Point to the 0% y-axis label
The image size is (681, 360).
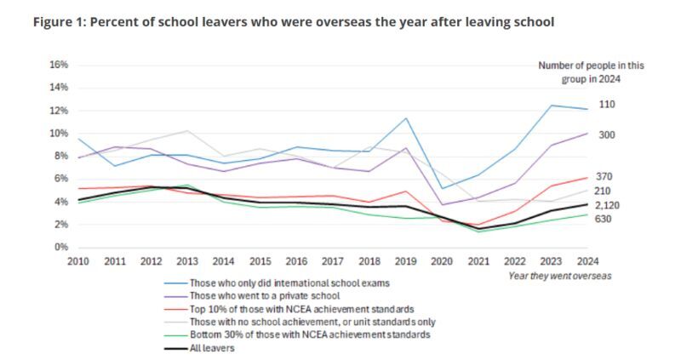coord(59,248)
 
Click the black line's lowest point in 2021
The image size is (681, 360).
coord(478,228)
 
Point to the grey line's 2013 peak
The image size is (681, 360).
coord(188,131)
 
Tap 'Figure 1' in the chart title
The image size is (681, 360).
coord(55,21)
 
